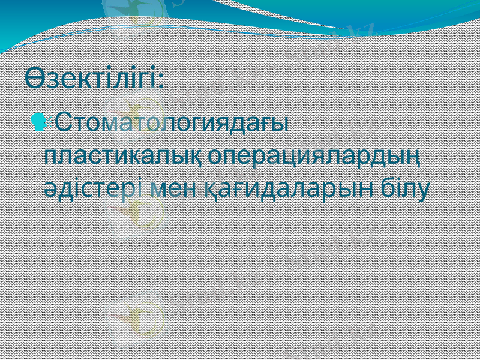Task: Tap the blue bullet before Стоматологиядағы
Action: tap(39, 122)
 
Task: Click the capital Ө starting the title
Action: tap(34, 78)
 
